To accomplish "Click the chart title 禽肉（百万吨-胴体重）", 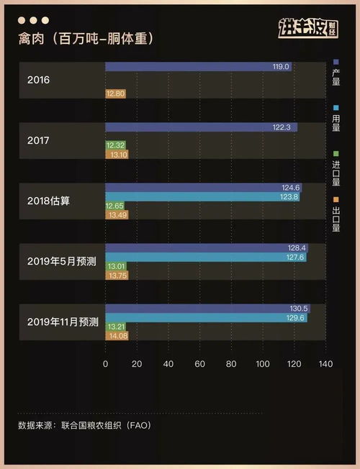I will coord(86,37).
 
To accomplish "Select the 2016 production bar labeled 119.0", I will coord(199,66).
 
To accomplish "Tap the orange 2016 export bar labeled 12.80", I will coord(116,94).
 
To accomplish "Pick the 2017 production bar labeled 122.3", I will coord(201,127).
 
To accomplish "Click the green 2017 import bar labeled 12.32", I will coord(115,145).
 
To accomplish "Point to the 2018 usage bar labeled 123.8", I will coord(202,196).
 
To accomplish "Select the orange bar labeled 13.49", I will coord(117,214).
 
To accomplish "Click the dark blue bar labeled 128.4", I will coord(206,247).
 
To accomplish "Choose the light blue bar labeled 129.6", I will coord(207,317).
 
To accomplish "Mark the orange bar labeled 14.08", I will coord(117,335).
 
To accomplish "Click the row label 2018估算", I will coord(49,201).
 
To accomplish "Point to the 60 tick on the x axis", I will coord(199,365).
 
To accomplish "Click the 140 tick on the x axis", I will coord(325,365).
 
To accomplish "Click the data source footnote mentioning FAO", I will coord(84,425).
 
